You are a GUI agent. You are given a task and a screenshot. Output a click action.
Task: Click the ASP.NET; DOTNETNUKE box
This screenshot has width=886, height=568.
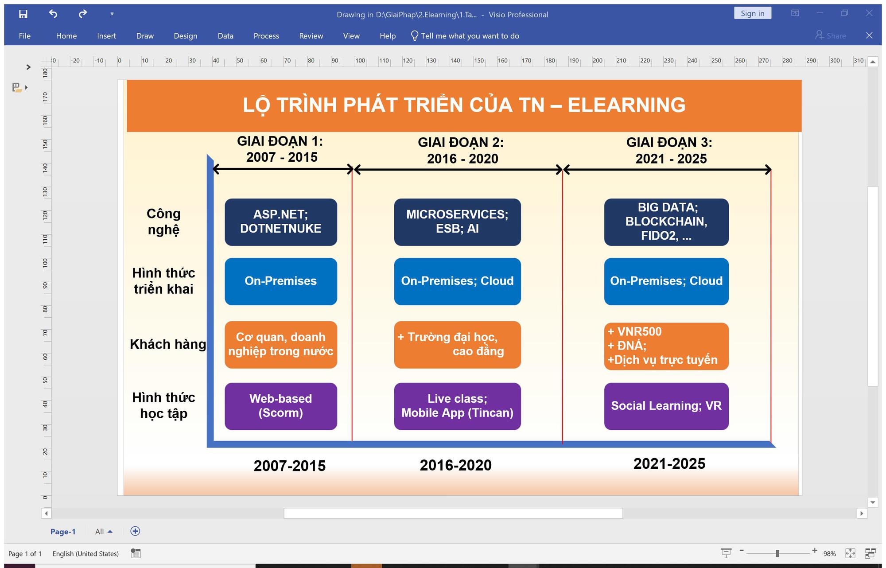click(x=281, y=222)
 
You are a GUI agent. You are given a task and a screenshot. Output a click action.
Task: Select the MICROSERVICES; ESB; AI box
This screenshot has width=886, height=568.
click(x=457, y=222)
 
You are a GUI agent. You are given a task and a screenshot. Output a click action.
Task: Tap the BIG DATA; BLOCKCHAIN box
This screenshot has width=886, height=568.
click(x=666, y=222)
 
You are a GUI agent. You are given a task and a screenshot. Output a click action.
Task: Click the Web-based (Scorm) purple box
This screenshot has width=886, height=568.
click(x=281, y=406)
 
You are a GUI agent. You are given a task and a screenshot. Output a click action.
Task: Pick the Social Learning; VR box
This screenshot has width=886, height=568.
click(x=666, y=406)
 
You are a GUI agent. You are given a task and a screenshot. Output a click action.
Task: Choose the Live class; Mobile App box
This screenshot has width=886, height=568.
click(x=457, y=406)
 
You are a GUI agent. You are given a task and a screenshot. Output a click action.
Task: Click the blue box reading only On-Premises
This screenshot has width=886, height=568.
click(x=281, y=281)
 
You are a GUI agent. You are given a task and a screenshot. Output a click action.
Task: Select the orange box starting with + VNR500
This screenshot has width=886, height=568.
click(x=666, y=346)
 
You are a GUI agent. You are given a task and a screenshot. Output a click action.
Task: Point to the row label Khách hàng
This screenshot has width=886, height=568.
click(x=168, y=344)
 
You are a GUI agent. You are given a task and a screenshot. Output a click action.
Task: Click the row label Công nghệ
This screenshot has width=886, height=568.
click(x=164, y=222)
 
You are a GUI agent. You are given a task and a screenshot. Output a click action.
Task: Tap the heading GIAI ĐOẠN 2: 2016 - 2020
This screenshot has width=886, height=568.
click(x=461, y=151)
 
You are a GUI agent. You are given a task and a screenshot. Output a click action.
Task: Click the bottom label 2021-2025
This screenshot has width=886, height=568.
click(x=669, y=464)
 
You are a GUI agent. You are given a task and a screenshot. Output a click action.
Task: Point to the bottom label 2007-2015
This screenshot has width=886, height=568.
click(x=290, y=466)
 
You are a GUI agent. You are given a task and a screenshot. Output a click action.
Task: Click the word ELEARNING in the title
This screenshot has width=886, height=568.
click(x=626, y=105)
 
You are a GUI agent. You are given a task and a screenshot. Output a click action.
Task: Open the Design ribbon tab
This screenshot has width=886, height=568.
click(x=186, y=36)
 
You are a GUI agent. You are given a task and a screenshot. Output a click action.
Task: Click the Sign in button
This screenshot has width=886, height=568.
click(x=752, y=13)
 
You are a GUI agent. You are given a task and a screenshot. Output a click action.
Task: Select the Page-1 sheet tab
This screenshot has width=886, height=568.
click(x=63, y=532)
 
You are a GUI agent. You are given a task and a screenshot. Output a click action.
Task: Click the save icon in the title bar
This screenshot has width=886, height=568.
click(x=23, y=14)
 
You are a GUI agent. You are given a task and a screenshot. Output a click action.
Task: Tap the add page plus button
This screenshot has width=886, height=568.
click(x=135, y=531)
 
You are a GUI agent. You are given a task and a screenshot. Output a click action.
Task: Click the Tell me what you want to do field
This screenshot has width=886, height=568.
click(x=465, y=36)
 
